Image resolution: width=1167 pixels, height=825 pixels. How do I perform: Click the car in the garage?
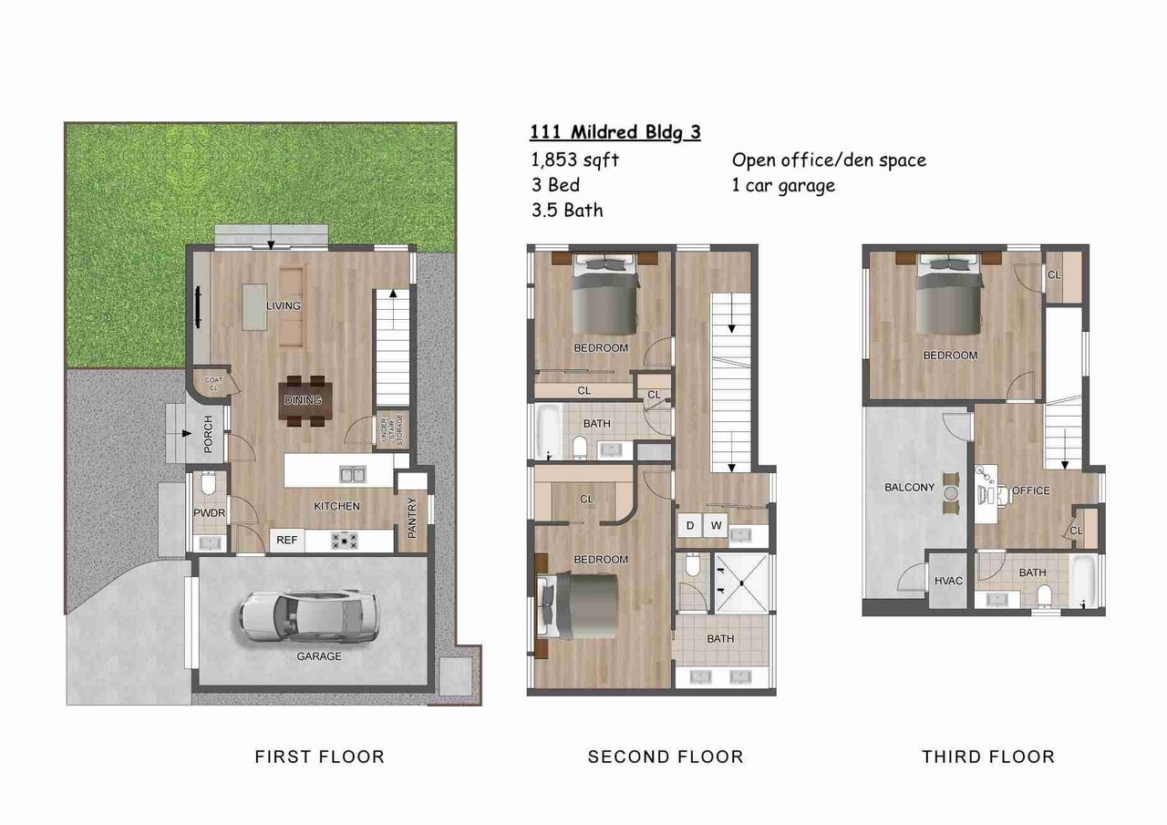[309, 617]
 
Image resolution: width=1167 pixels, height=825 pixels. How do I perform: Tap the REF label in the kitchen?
[286, 540]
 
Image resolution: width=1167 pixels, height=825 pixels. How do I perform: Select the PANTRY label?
[412, 517]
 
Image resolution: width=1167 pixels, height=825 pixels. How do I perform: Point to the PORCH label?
[208, 433]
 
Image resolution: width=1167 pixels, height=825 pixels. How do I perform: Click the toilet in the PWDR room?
[208, 483]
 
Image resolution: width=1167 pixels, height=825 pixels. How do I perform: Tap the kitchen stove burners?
[346, 541]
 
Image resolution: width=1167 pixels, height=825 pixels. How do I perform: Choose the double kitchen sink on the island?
[351, 474]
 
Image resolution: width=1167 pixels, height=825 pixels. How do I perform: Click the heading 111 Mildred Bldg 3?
[615, 131]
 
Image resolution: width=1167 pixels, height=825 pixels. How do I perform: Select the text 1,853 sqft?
[574, 160]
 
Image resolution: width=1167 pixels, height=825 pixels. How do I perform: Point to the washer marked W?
[717, 525]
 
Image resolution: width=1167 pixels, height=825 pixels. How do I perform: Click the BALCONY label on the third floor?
[909, 488]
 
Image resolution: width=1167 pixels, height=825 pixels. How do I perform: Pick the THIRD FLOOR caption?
[987, 757]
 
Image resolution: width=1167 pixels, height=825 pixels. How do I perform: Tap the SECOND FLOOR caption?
[666, 757]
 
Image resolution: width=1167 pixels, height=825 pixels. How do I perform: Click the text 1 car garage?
[783, 185]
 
